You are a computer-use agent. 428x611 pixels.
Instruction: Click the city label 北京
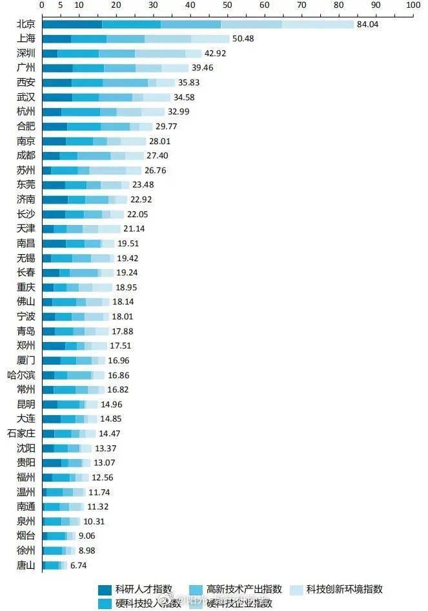click(26, 24)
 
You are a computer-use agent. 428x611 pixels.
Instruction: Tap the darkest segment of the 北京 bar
click(72, 25)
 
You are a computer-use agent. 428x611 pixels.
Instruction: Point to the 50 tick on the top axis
click(227, 5)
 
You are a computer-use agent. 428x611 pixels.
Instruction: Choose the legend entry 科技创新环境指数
click(344, 589)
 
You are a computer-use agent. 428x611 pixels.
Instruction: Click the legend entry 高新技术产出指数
click(244, 589)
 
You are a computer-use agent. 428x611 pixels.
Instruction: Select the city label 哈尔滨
click(21, 375)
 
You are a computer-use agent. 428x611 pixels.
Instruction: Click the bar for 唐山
click(54, 565)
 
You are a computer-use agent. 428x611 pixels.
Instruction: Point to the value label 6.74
click(78, 565)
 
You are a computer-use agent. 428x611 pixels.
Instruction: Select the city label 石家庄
click(21, 433)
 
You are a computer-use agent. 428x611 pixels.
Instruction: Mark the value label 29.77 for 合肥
click(166, 127)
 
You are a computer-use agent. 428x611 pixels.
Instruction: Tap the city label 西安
click(26, 83)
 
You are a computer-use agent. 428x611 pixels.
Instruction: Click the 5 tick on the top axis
click(60, 5)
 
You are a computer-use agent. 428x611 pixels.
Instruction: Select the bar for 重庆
click(77, 287)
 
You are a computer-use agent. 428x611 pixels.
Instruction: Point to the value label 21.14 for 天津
click(134, 229)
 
